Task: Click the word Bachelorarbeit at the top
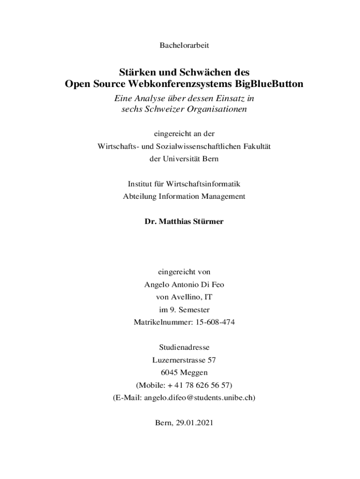coord(184,45)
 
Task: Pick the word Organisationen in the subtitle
coord(214,109)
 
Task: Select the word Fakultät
coord(256,146)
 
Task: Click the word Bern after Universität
coord(210,159)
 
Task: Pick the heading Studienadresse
coord(184,348)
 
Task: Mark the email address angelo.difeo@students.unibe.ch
coord(198,398)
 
